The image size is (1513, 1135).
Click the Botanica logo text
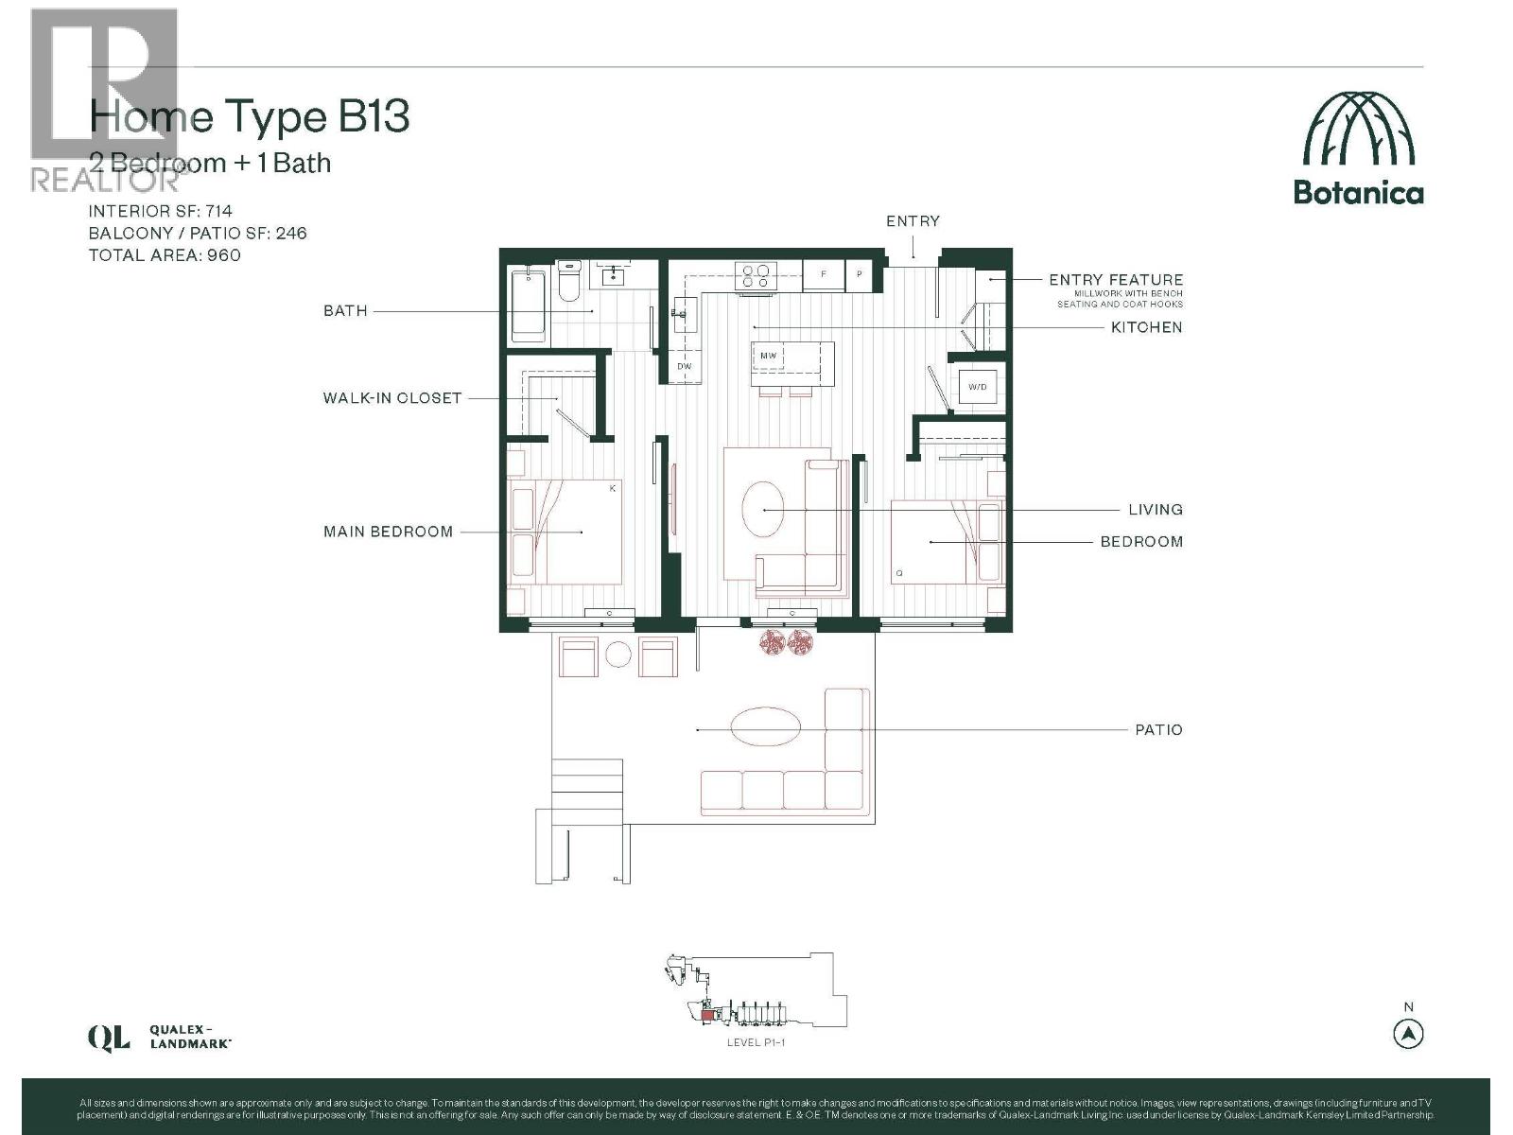tap(1358, 193)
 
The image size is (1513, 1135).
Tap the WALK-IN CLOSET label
tap(391, 398)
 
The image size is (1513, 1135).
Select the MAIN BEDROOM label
tap(388, 532)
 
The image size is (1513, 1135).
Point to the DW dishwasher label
tap(684, 365)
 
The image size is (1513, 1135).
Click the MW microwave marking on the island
tap(768, 356)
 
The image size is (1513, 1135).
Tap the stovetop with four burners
tap(756, 275)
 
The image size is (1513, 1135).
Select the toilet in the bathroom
tap(569, 283)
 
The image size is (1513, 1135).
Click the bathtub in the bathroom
tap(528, 305)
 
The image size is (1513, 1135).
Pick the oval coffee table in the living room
tap(761, 509)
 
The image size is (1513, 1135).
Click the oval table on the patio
tap(765, 725)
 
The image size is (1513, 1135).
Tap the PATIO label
tap(1158, 730)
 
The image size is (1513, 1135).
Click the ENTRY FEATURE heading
tap(1116, 280)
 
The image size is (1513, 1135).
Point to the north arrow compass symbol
tap(1408, 1034)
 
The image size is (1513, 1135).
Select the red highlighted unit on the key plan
tap(706, 1016)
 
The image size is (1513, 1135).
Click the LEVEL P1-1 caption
tap(756, 1042)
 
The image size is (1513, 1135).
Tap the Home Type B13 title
tap(250, 117)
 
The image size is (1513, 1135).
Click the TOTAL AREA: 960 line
tap(165, 255)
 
